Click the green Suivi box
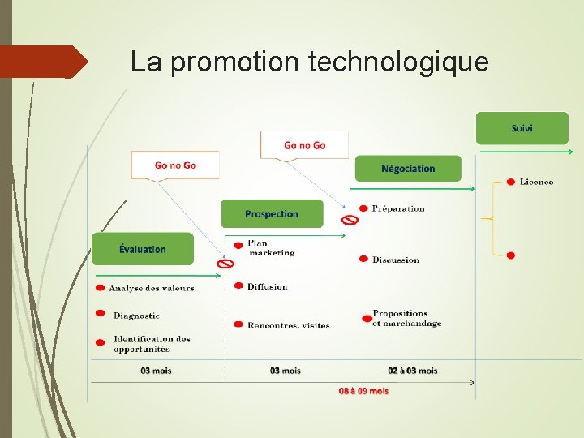click(x=522, y=128)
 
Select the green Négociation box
click(x=408, y=169)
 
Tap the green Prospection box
click(x=272, y=213)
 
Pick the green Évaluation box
click(x=143, y=249)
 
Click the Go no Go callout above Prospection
click(x=304, y=145)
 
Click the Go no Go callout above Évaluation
click(x=175, y=165)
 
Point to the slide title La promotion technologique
click(x=309, y=62)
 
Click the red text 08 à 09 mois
click(x=363, y=391)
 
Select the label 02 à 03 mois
click(x=412, y=371)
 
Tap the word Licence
click(x=536, y=182)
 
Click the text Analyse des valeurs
click(x=151, y=288)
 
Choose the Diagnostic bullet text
click(x=136, y=316)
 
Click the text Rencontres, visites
click(x=288, y=325)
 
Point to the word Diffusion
click(x=267, y=286)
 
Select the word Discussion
click(x=395, y=260)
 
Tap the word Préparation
click(x=398, y=208)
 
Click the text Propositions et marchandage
click(x=406, y=318)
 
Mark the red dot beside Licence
click(x=510, y=182)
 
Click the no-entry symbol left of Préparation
click(x=349, y=219)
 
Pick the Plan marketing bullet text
click(x=271, y=247)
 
